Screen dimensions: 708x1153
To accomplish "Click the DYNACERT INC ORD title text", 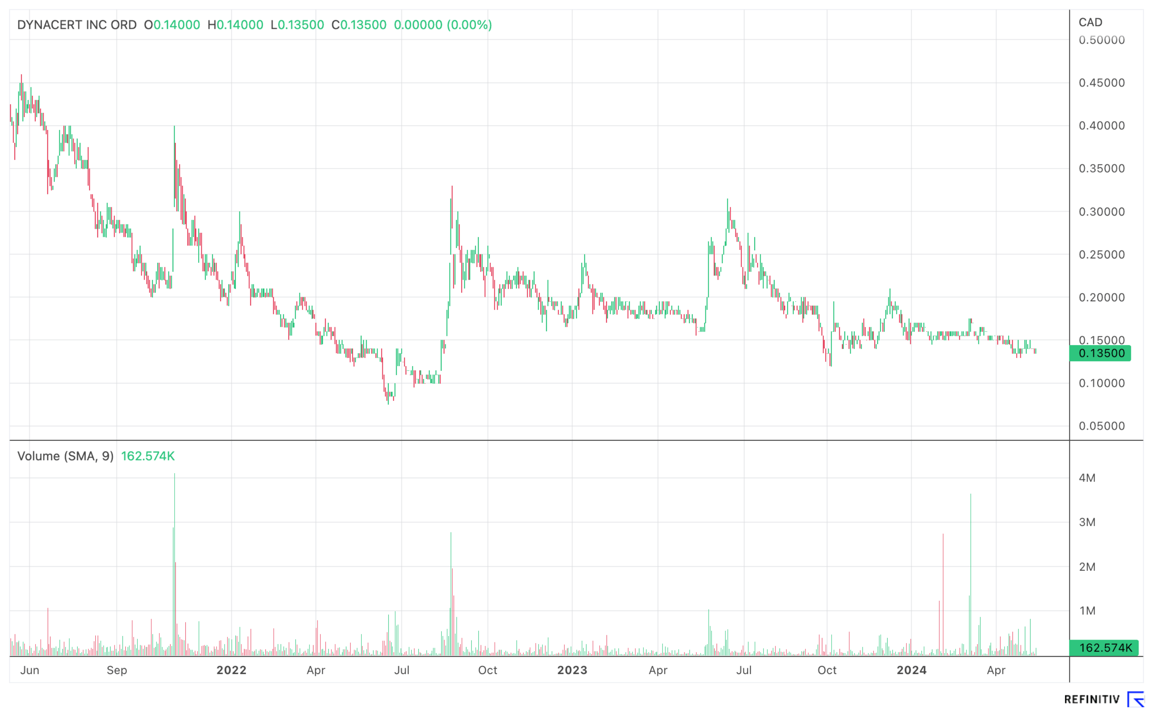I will [x=77, y=25].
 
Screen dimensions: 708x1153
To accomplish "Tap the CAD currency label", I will [x=1090, y=22].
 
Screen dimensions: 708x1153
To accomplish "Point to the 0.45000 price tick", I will [x=1101, y=83].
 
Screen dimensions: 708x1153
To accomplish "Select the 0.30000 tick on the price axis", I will [x=1101, y=212].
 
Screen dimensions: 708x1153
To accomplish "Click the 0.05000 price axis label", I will [x=1101, y=426].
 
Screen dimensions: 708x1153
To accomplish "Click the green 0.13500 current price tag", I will [x=1101, y=354].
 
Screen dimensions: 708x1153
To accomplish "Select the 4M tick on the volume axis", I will [x=1087, y=478].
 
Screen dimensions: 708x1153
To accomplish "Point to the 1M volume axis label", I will [x=1087, y=611].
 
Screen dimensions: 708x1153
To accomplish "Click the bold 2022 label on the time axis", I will [x=231, y=670].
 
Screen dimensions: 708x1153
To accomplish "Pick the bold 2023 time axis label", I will [x=572, y=670].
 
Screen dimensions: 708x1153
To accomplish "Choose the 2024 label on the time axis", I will [x=911, y=670].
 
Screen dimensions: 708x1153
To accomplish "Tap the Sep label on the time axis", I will [x=117, y=670].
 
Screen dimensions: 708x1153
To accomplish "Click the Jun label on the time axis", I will [x=30, y=670].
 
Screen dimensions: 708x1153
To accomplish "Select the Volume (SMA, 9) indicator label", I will [x=66, y=456].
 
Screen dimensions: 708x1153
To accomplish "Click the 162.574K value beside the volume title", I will [x=148, y=456].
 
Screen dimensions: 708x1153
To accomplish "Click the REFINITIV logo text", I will [x=1092, y=699].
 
